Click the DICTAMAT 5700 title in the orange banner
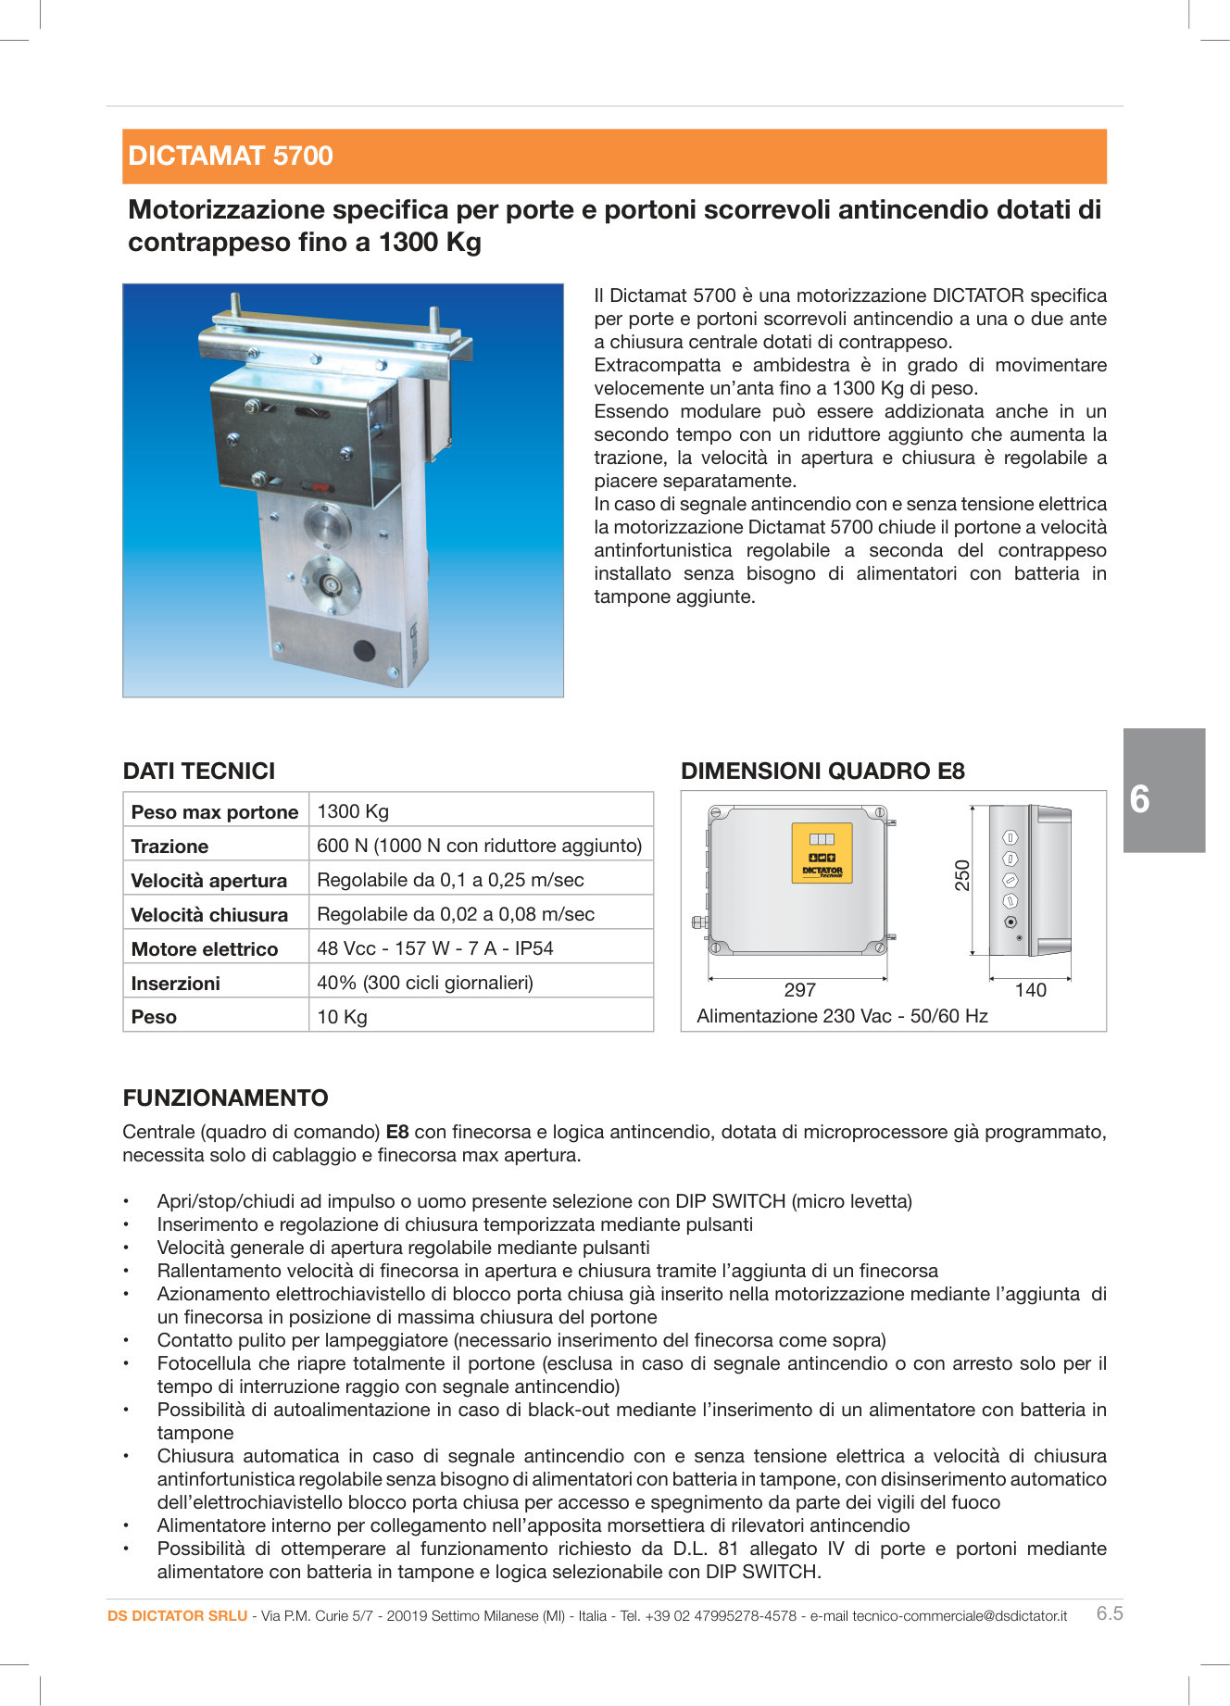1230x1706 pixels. tap(231, 156)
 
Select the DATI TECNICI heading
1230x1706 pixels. tap(199, 771)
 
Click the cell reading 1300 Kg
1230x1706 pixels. tap(353, 811)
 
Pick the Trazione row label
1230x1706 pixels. tap(169, 847)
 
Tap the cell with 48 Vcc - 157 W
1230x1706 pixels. tap(434, 948)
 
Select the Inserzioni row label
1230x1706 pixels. tap(175, 984)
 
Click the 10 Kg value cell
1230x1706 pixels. tap(342, 1017)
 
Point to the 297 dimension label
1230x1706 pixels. tap(799, 990)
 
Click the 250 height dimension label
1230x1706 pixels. tap(962, 875)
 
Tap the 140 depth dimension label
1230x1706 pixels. tap(1030, 990)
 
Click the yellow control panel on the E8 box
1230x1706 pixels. tap(822, 852)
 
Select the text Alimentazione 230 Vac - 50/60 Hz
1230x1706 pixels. tap(842, 1016)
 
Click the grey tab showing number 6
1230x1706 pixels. tap(1163, 790)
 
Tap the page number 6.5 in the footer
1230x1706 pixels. tap(1109, 1613)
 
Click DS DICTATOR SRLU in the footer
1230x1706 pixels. tap(177, 1616)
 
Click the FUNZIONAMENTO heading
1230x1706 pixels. tap(225, 1098)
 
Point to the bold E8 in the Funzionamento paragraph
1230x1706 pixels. tap(397, 1132)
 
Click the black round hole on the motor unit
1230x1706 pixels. tap(365, 651)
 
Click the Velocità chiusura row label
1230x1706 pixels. tap(209, 915)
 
